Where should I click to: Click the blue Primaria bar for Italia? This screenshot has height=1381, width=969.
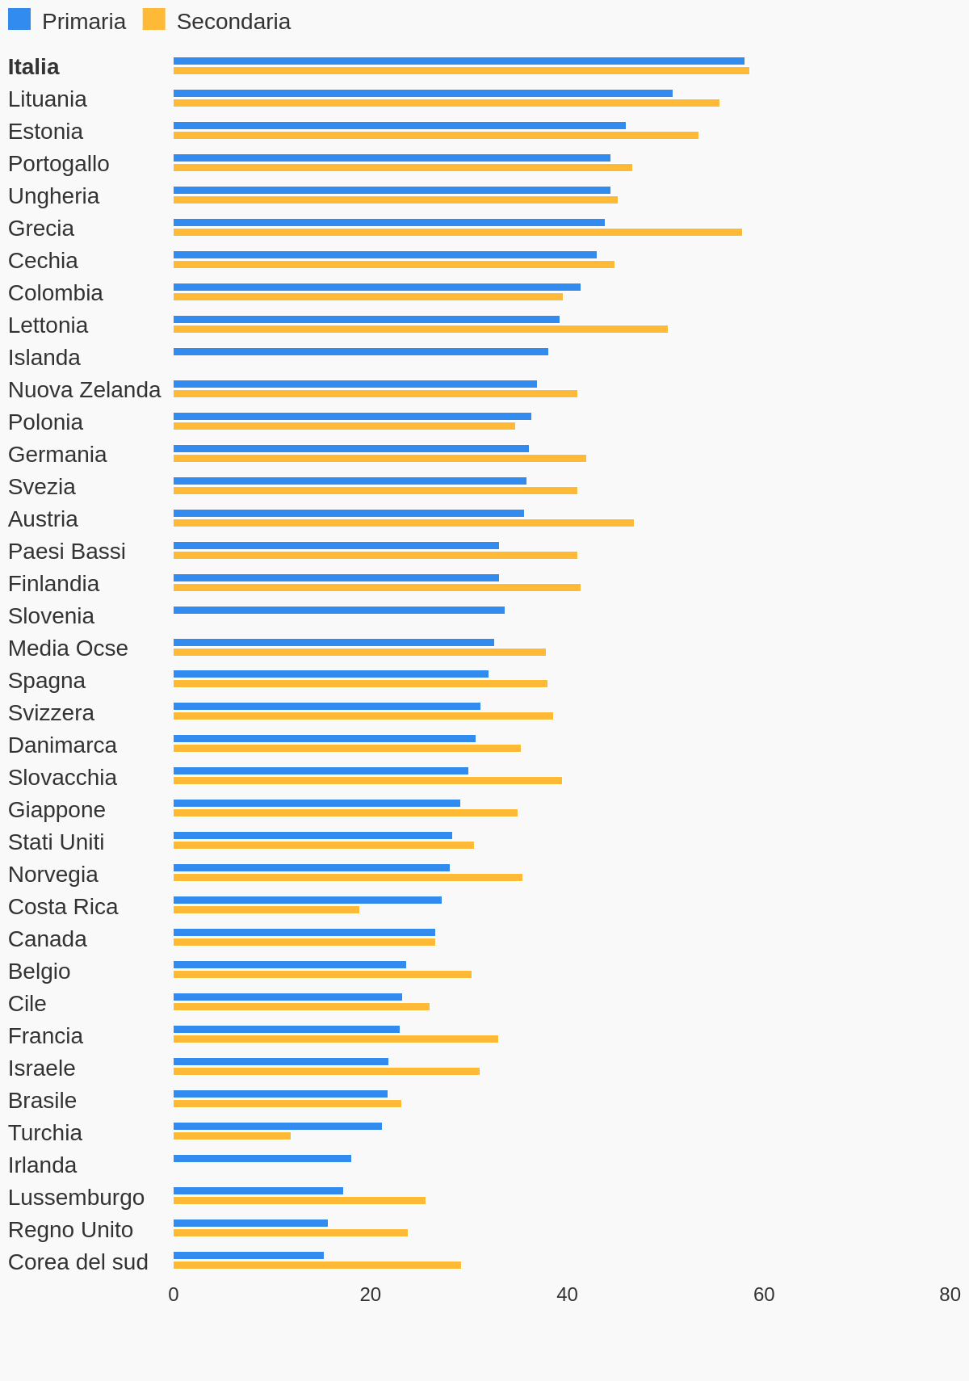click(459, 61)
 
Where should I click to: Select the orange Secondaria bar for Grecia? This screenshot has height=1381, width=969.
click(457, 233)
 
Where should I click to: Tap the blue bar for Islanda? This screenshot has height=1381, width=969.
click(360, 352)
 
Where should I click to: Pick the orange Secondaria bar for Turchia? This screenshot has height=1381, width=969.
click(232, 1136)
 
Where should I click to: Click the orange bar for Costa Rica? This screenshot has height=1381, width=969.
click(266, 910)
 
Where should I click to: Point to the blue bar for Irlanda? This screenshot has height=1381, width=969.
click(262, 1159)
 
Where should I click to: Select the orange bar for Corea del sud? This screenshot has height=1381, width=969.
click(317, 1266)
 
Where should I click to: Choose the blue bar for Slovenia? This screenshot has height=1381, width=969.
click(339, 611)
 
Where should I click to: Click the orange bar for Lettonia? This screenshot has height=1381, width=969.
click(420, 330)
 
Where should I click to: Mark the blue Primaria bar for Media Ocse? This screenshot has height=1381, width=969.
click(333, 643)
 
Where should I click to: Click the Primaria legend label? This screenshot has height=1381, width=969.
click(84, 22)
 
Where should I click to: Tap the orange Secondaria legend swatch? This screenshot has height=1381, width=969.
click(153, 19)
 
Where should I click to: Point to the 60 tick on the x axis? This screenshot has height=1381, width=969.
click(764, 1295)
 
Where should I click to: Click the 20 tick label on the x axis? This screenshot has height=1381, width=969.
click(371, 1295)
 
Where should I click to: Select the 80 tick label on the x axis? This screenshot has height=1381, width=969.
click(950, 1295)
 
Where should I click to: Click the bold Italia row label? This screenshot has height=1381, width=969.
click(34, 67)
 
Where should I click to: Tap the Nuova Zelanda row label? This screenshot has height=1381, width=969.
click(85, 390)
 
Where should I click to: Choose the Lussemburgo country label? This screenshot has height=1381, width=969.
click(77, 1198)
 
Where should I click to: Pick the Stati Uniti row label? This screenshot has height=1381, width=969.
click(57, 842)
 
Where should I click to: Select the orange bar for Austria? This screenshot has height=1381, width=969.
click(404, 523)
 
